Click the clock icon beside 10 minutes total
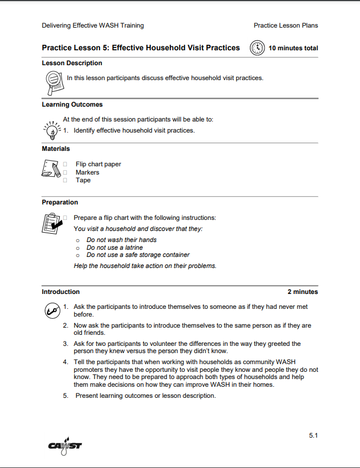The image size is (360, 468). tap(258, 48)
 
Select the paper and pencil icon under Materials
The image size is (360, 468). tap(51, 168)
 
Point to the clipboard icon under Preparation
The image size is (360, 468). tap(51, 222)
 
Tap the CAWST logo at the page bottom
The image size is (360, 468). tap(65, 445)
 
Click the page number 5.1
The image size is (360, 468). tap(313, 435)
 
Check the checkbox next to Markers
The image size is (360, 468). tap(65, 172)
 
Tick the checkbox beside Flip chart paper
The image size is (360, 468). tap(65, 164)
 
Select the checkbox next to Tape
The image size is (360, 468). tap(65, 180)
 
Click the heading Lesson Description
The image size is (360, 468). tap(72, 63)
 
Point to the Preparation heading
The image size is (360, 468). tap(60, 202)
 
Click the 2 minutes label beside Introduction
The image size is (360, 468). tap(302, 292)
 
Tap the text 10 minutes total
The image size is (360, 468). tap(293, 48)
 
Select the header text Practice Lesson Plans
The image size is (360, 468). tap(285, 25)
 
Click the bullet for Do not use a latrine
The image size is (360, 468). tap(78, 248)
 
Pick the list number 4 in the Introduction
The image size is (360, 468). tap(65, 362)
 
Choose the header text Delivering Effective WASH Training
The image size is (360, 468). tap(92, 25)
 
